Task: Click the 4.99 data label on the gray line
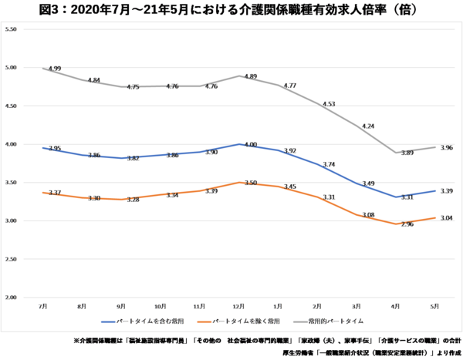click(x=54, y=69)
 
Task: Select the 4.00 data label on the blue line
click(x=250, y=144)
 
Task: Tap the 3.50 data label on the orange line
click(x=250, y=183)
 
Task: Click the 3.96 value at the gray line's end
click(x=448, y=147)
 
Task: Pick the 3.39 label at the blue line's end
click(x=448, y=190)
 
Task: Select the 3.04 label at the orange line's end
click(x=448, y=218)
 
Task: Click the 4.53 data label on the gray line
click(x=329, y=103)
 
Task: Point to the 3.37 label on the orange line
click(x=54, y=193)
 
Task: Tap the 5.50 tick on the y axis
click(x=11, y=29)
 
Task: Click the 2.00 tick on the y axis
click(x=11, y=298)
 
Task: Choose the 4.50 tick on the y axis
click(x=11, y=106)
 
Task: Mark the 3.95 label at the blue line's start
click(x=54, y=148)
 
